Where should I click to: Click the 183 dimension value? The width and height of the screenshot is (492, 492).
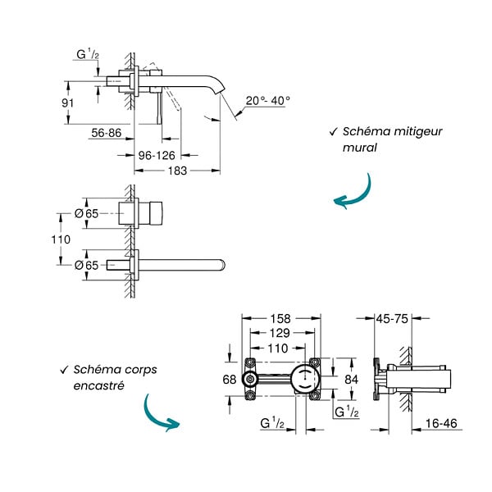(x=177, y=171)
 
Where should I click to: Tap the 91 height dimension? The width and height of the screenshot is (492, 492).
(x=68, y=103)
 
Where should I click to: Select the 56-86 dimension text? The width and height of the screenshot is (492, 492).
(x=107, y=133)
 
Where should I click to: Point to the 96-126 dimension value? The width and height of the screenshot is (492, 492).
(x=157, y=155)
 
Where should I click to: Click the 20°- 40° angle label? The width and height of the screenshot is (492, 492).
(x=267, y=101)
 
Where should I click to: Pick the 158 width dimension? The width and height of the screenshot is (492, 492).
(x=280, y=319)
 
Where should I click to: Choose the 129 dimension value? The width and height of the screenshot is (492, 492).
(x=280, y=333)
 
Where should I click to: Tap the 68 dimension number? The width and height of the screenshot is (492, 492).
(x=230, y=380)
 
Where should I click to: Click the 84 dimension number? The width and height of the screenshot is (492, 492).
(x=352, y=380)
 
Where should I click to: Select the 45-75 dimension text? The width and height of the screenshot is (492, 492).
(x=392, y=319)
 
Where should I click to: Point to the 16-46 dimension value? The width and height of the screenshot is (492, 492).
(x=441, y=423)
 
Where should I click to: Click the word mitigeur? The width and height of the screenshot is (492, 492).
(x=417, y=131)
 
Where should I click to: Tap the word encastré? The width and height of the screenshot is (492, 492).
(x=99, y=385)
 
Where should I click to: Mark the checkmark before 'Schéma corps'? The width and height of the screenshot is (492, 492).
(x=64, y=370)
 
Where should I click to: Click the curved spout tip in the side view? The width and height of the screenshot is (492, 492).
(x=219, y=90)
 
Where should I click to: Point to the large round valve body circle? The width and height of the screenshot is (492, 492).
(x=304, y=380)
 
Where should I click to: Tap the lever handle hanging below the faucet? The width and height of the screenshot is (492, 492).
(x=159, y=108)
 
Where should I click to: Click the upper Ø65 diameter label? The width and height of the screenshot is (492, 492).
(x=87, y=214)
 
